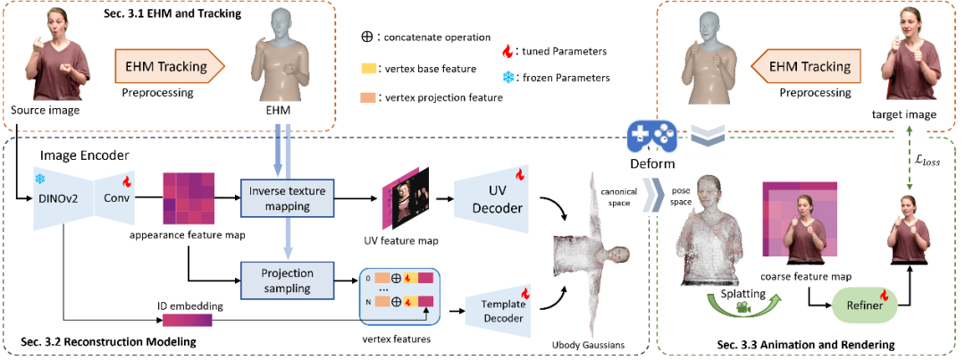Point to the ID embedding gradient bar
tap(187, 320)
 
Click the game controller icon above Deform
tap(651, 138)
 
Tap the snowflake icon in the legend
tap(509, 78)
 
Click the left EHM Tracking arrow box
tap(169, 66)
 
